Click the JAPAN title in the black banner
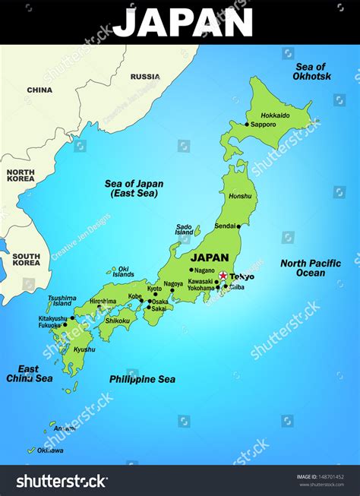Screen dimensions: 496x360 182,23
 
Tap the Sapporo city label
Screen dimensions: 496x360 264,124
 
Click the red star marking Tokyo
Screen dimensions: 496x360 223,276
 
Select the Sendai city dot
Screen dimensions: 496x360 238,226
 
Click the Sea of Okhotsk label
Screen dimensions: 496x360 312,72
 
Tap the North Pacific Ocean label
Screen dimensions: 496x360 311,268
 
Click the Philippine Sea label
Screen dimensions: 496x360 142,379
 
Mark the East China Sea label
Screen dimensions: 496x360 30,374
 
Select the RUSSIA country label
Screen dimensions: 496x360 145,77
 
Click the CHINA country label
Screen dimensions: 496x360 39,90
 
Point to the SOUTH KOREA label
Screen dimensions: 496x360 26,261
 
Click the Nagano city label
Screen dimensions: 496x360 204,270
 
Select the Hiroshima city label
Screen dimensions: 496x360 103,302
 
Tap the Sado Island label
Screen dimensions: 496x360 184,229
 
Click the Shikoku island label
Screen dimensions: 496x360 118,321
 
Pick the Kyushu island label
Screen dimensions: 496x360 84,349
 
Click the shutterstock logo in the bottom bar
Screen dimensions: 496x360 62,481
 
